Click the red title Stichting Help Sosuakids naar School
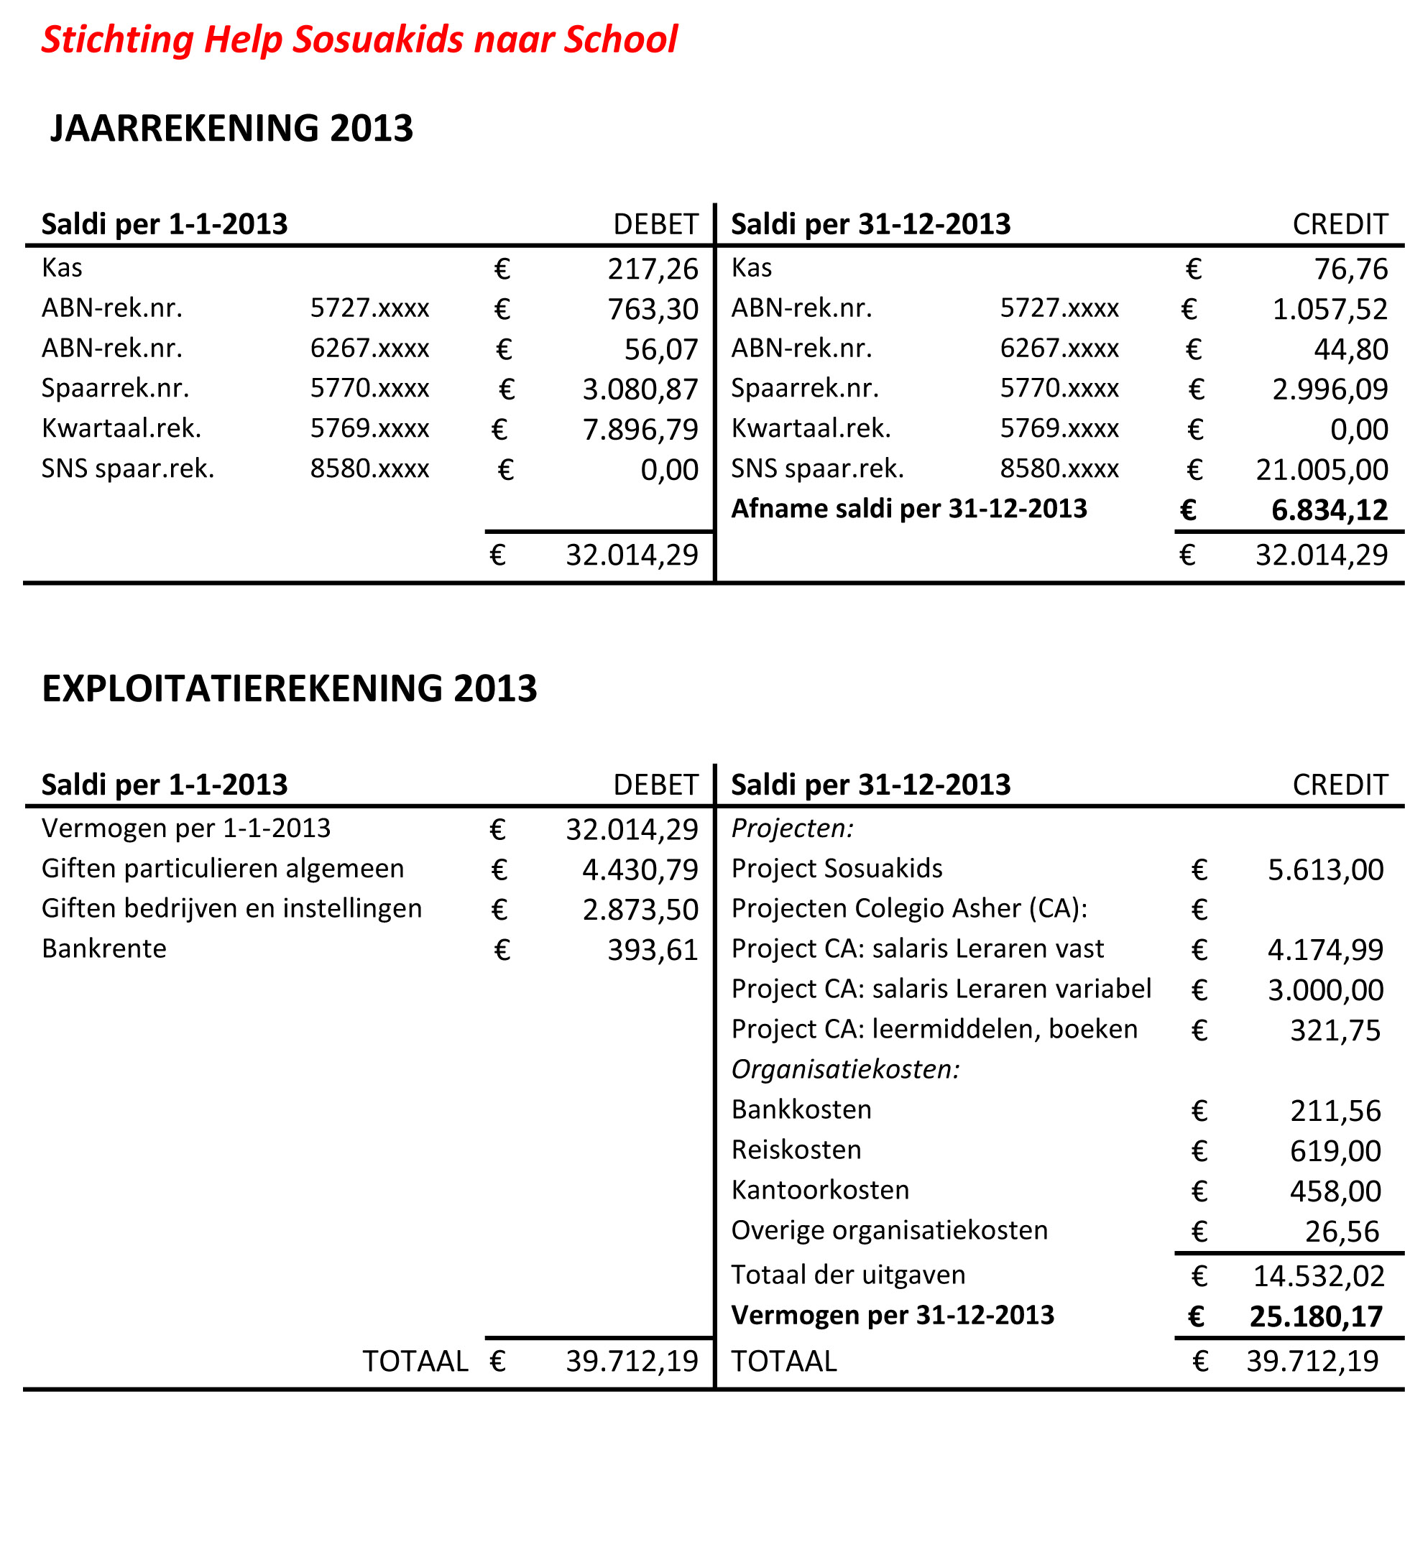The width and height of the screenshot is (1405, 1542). pyautogui.click(x=359, y=40)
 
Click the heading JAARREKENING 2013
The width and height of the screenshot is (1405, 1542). pyautogui.click(x=231, y=128)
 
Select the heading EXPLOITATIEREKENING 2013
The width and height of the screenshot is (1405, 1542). pyautogui.click(x=289, y=688)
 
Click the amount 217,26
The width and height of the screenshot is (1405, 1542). pyautogui.click(x=653, y=269)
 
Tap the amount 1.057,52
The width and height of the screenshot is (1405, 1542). pyautogui.click(x=1330, y=309)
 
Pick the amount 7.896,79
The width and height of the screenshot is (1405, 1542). pyautogui.click(x=640, y=430)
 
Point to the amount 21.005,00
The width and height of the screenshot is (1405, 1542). pyautogui.click(x=1321, y=470)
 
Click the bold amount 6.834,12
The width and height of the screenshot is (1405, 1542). pyautogui.click(x=1329, y=510)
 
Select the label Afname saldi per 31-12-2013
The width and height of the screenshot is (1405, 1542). pyautogui.click(x=908, y=509)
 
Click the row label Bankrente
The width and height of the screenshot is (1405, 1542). pyautogui.click(x=104, y=948)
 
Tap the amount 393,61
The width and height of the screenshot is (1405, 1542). pyautogui.click(x=653, y=950)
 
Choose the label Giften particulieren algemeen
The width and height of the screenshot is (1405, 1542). pyautogui.click(x=223, y=868)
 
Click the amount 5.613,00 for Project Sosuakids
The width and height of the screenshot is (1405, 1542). pyautogui.click(x=1325, y=869)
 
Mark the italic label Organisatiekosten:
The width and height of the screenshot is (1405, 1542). pyautogui.click(x=845, y=1068)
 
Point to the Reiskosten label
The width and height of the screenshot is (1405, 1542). pyautogui.click(x=796, y=1150)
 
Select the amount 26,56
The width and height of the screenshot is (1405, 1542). pyautogui.click(x=1342, y=1232)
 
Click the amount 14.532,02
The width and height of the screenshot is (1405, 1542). pyautogui.click(x=1319, y=1276)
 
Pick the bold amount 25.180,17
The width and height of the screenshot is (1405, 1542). pyautogui.click(x=1315, y=1316)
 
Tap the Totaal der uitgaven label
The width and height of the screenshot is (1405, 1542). pyautogui.click(x=848, y=1275)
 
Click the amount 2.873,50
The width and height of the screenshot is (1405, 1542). pyautogui.click(x=640, y=910)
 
